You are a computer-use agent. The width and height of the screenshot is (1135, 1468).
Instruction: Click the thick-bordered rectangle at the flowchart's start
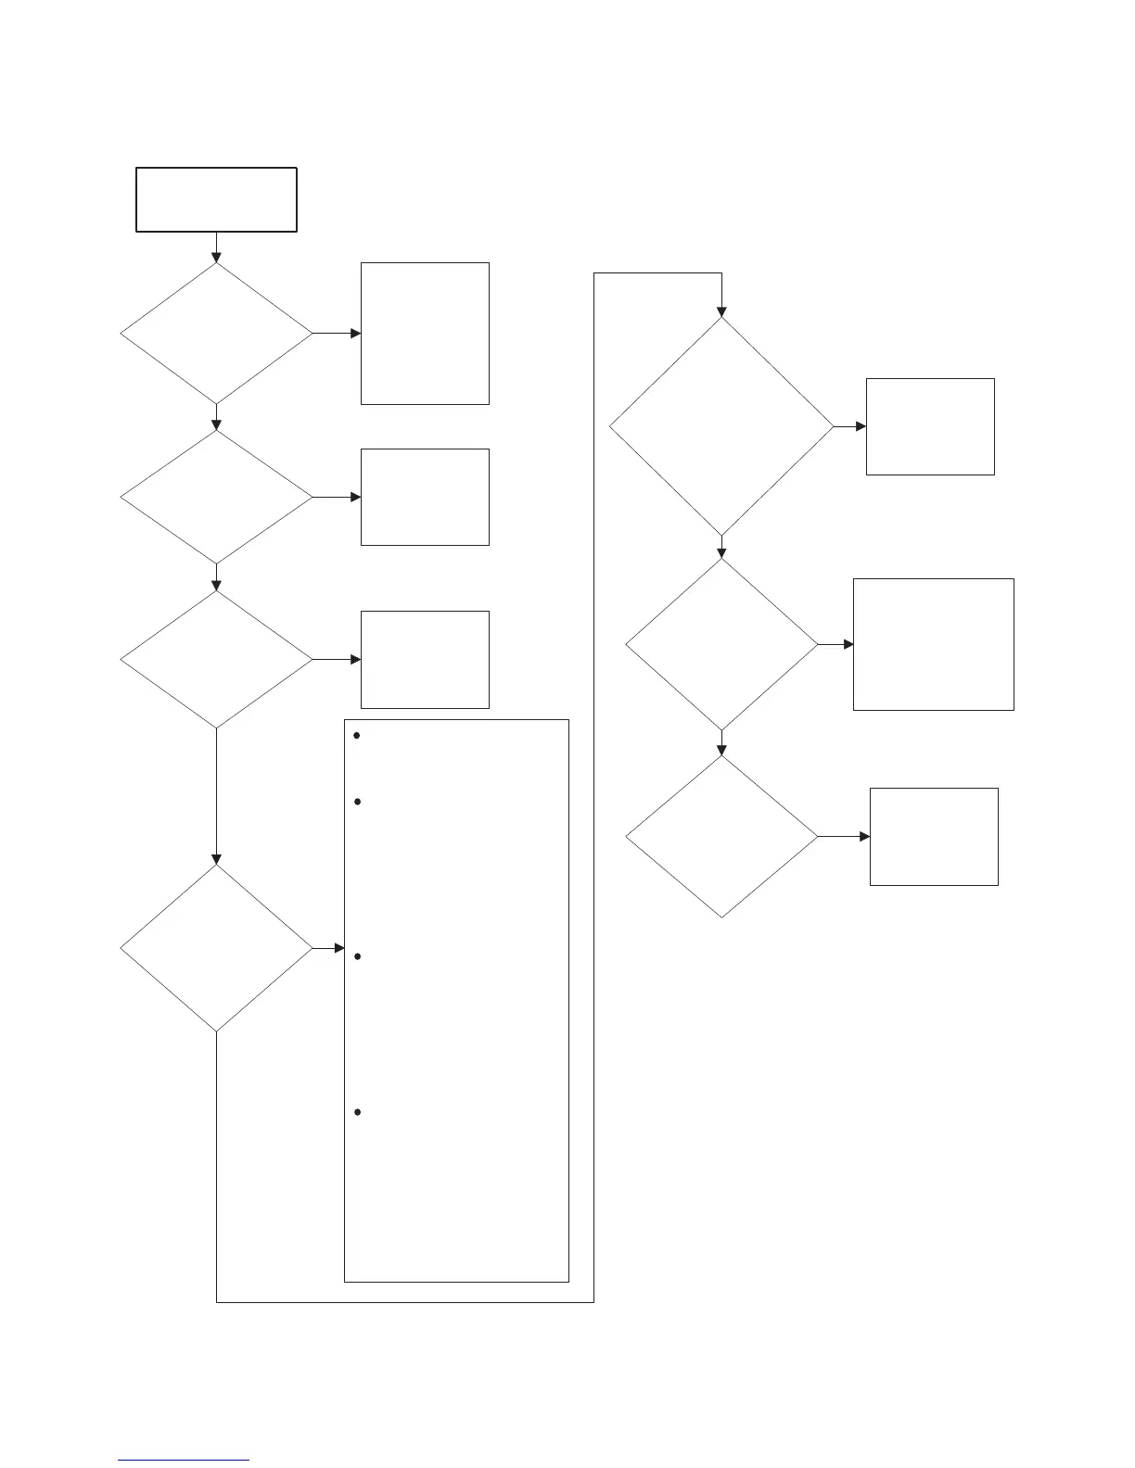click(x=216, y=199)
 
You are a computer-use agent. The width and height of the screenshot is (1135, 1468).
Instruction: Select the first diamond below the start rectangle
click(x=216, y=334)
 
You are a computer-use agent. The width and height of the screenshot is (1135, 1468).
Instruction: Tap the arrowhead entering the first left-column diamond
click(x=216, y=258)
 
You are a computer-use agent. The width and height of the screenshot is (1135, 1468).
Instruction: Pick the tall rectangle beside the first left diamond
click(x=425, y=334)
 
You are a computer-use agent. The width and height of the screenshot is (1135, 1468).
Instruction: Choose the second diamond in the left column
click(x=216, y=498)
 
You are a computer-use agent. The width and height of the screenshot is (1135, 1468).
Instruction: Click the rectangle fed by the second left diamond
click(x=425, y=498)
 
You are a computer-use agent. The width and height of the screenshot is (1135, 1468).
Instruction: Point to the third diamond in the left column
click(x=216, y=660)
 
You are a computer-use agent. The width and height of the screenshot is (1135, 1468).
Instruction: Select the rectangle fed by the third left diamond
click(x=425, y=660)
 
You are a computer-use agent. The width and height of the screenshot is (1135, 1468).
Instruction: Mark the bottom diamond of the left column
click(x=216, y=948)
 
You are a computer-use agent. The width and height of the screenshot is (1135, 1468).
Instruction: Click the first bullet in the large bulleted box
click(x=357, y=736)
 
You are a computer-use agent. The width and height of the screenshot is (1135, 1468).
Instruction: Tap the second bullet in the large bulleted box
click(x=357, y=801)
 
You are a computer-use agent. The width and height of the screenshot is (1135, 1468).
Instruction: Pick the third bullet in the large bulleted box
click(x=357, y=955)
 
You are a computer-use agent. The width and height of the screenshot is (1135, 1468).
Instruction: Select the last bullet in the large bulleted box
click(x=357, y=1112)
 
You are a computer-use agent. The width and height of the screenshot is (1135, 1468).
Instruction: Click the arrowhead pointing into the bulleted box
click(x=338, y=948)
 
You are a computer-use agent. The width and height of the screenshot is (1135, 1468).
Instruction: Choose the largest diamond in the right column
click(x=721, y=426)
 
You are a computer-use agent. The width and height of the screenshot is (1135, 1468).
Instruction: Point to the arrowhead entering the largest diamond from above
click(x=721, y=311)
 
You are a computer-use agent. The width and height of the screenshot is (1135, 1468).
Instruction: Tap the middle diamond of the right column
click(x=721, y=644)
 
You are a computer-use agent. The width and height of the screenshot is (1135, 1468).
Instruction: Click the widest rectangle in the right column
click(x=933, y=644)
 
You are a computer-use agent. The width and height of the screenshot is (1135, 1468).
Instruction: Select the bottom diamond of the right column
click(x=721, y=837)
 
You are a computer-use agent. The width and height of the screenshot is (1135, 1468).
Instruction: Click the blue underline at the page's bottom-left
click(x=184, y=1461)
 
